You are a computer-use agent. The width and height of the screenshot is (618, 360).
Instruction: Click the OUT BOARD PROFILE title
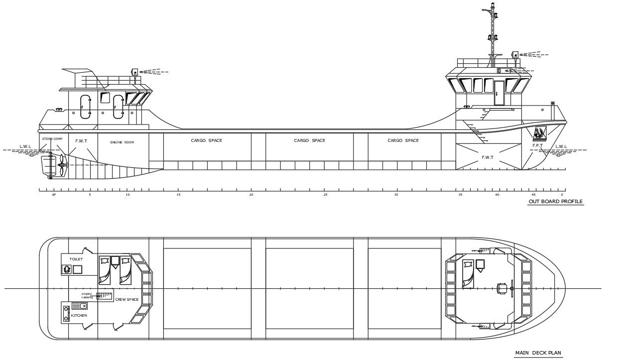click(555, 202)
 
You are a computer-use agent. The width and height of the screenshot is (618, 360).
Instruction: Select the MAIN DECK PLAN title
click(538, 353)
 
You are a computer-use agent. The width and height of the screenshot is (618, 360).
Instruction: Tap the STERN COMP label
click(52, 139)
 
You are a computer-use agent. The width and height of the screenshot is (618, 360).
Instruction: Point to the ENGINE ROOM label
click(122, 142)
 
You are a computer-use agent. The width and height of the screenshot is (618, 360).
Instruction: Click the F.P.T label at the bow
click(537, 145)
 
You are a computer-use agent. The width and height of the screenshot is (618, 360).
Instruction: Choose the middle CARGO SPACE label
click(309, 140)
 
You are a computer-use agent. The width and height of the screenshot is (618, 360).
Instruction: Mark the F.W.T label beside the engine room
click(81, 141)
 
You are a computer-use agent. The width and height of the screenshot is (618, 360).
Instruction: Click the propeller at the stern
click(61, 165)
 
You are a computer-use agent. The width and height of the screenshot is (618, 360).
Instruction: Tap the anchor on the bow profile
click(539, 133)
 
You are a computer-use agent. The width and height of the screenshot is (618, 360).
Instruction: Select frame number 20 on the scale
click(251, 195)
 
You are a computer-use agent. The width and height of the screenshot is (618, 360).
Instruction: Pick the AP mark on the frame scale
click(54, 195)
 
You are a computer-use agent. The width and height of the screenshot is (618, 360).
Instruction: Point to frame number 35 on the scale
click(460, 195)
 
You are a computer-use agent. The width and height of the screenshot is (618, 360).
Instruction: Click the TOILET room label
click(76, 259)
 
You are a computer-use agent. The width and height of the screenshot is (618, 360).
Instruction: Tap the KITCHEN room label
click(79, 316)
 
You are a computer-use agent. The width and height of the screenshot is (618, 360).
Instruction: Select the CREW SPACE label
click(126, 299)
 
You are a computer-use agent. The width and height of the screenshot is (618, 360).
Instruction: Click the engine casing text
click(87, 295)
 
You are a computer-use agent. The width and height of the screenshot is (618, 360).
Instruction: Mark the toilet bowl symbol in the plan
click(67, 269)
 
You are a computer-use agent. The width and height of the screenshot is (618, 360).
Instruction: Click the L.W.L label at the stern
click(25, 146)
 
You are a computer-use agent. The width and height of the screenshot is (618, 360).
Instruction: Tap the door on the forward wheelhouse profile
click(499, 93)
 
